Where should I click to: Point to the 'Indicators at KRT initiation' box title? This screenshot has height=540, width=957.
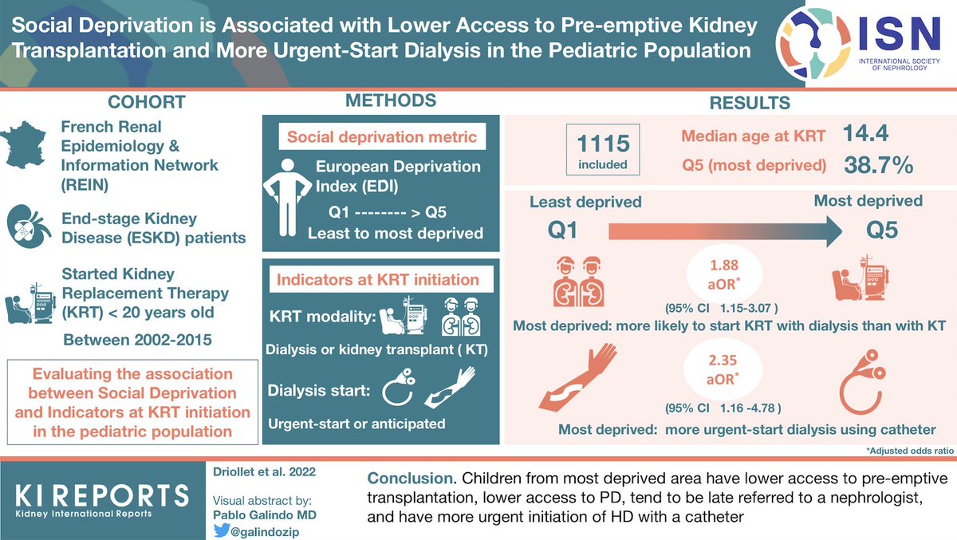coord(376,279)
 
